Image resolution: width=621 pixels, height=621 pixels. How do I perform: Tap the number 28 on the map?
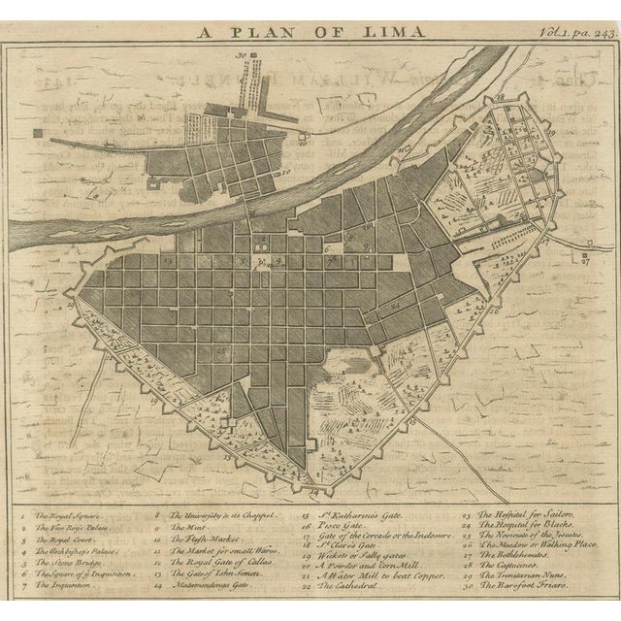point(500,98)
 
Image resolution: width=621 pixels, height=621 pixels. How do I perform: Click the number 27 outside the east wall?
point(585,261)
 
